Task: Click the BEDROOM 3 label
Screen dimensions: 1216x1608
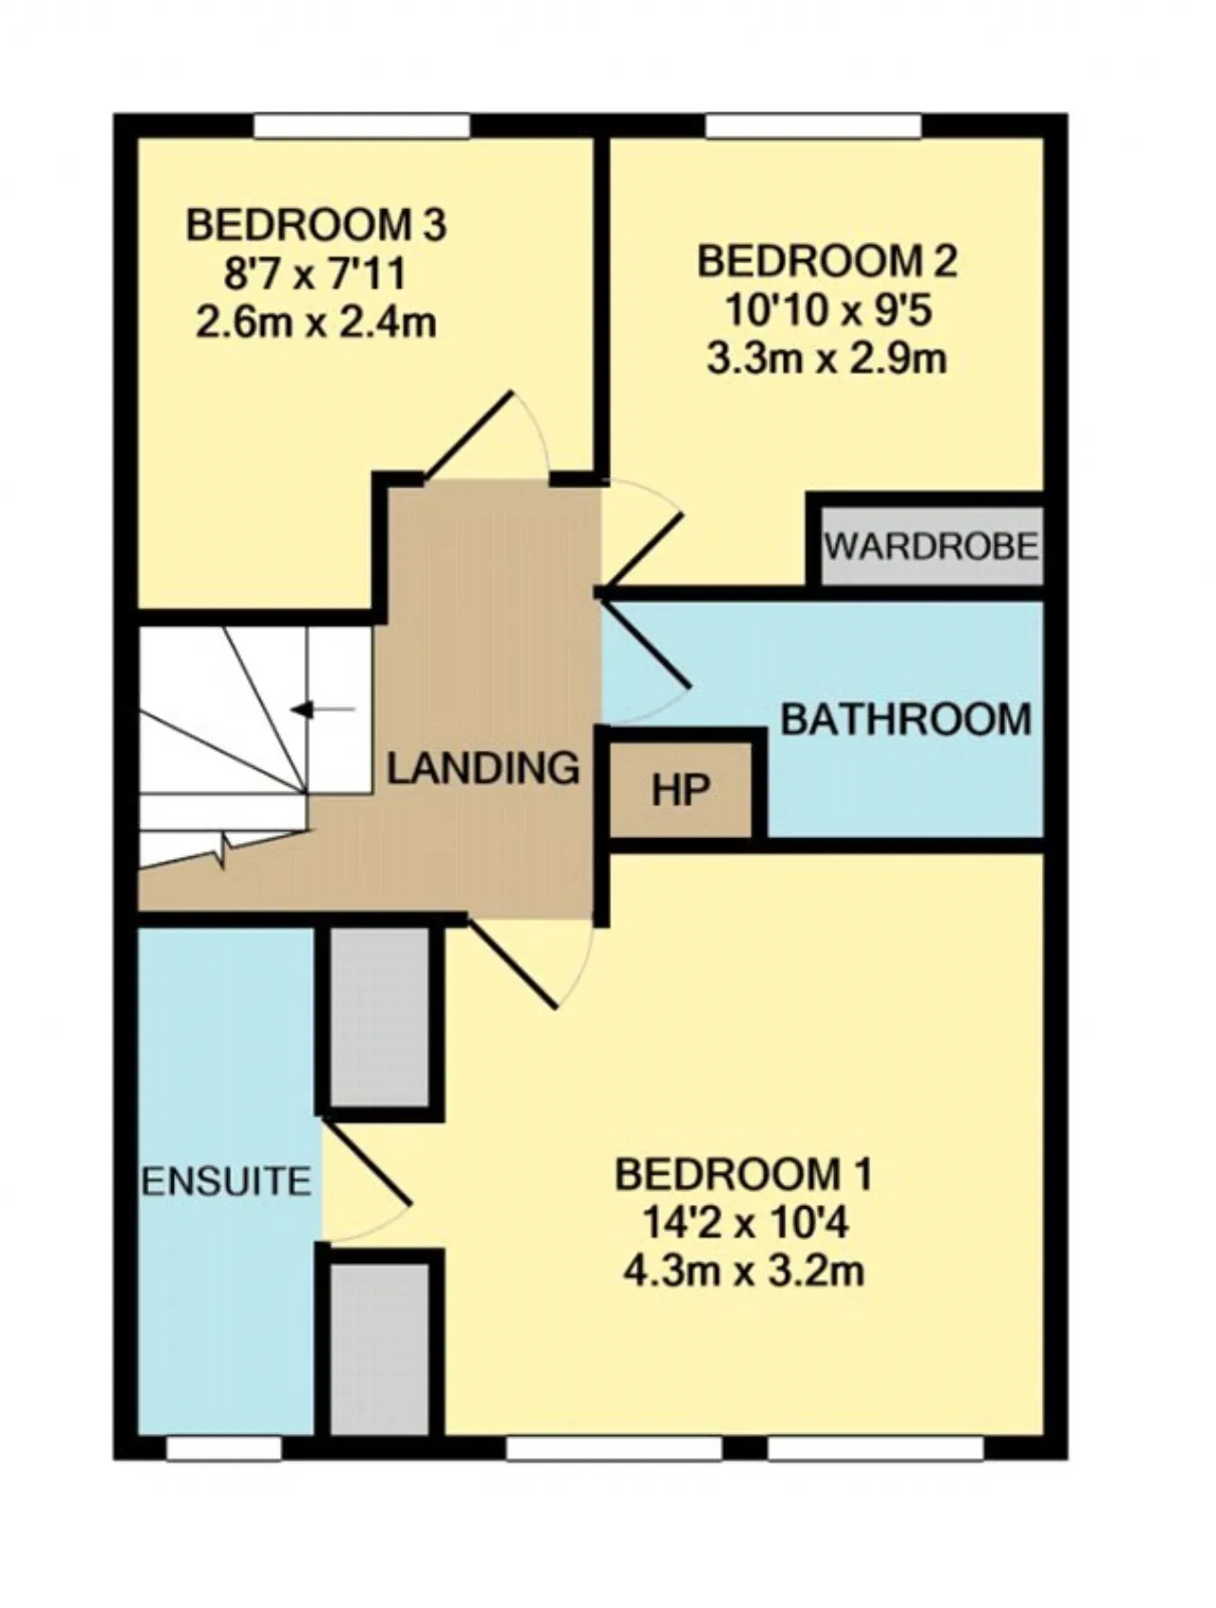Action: [315, 226]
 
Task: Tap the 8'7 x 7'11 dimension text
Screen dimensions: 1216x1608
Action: [314, 275]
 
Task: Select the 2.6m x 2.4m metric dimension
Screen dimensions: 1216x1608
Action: [315, 323]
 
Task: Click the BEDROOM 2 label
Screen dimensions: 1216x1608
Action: [826, 261]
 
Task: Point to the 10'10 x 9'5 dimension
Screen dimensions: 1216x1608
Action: [826, 310]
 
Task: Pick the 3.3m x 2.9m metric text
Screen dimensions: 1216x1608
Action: [826, 359]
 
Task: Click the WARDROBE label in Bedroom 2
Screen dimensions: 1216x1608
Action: [931, 546]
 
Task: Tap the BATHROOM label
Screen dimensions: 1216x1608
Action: [906, 718]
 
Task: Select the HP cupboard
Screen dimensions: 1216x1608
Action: [681, 787]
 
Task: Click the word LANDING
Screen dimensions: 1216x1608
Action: [483, 767]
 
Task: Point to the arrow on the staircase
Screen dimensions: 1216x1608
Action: [323, 709]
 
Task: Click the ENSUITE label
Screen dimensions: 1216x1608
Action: [226, 1181]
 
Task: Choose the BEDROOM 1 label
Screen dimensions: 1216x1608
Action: [743, 1175]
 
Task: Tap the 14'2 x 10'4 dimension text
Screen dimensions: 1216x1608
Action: [744, 1223]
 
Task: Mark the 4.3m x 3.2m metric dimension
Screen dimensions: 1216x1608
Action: [744, 1272]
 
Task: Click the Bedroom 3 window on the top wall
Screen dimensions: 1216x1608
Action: [362, 126]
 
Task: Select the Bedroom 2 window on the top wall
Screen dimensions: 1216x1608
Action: [814, 126]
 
